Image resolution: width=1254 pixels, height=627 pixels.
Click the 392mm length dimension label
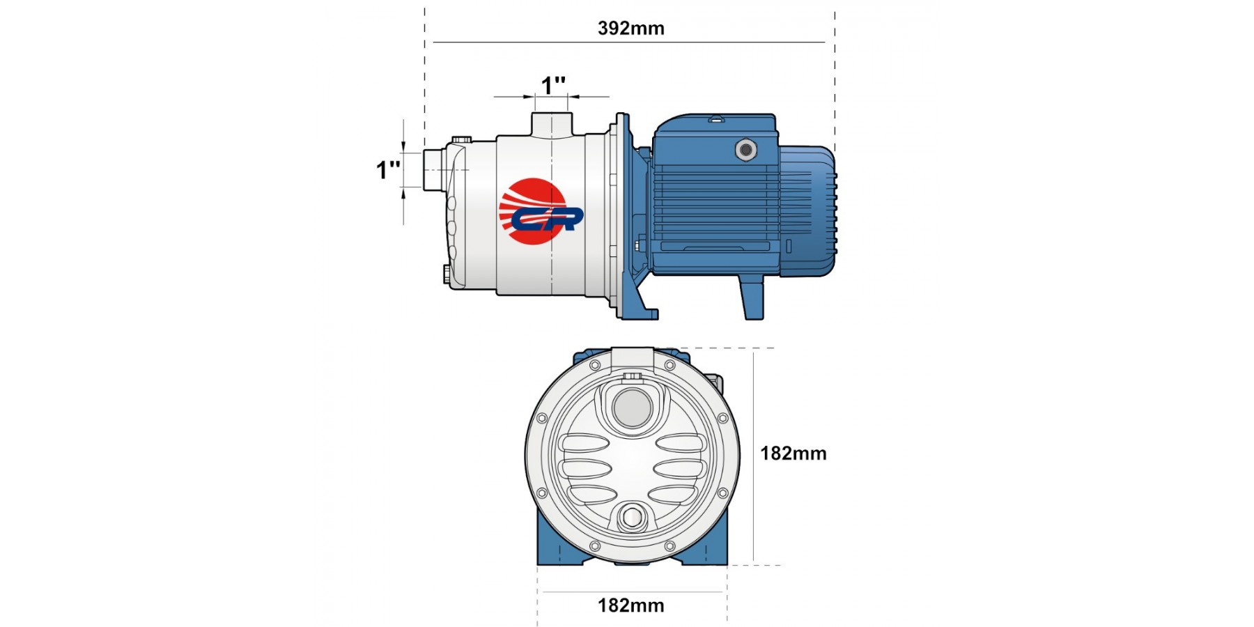tap(631, 29)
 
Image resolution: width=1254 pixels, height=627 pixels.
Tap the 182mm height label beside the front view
tap(794, 454)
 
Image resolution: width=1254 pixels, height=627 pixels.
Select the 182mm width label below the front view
tap(631, 605)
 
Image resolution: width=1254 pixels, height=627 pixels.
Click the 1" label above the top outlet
tap(554, 86)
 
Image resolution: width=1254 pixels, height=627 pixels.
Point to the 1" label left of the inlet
tap(389, 170)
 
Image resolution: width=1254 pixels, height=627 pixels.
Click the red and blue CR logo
tap(540, 212)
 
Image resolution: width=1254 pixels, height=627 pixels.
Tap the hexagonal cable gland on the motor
tap(746, 149)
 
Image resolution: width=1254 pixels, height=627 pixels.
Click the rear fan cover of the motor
tap(808, 211)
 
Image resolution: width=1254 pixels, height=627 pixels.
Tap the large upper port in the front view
tap(632, 408)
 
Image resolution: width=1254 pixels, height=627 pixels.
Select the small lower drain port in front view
tap(632, 518)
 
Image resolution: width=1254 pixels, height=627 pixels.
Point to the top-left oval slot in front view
tap(585, 443)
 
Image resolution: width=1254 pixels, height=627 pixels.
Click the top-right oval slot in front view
tap(681, 443)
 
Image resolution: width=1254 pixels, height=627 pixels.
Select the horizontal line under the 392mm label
tap(629, 42)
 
